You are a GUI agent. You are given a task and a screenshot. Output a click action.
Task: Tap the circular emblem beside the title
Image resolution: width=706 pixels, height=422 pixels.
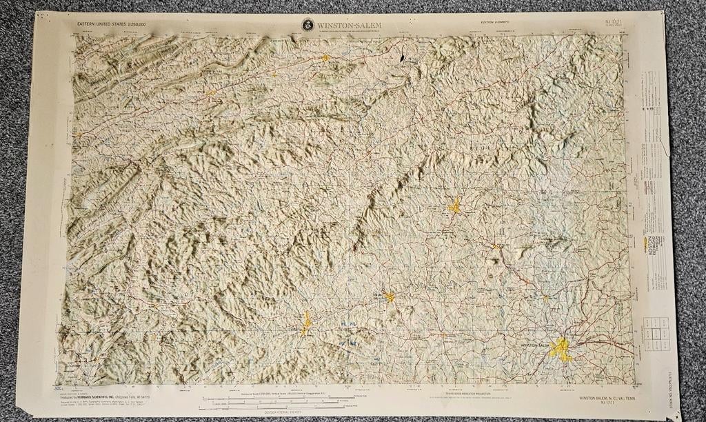307,25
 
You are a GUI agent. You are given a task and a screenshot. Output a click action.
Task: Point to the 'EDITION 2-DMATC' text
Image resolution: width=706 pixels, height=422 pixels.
498,23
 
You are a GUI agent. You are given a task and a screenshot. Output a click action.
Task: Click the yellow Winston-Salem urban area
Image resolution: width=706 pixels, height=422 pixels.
561,350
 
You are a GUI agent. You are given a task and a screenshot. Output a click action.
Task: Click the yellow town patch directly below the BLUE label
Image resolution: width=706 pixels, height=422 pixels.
454,205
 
